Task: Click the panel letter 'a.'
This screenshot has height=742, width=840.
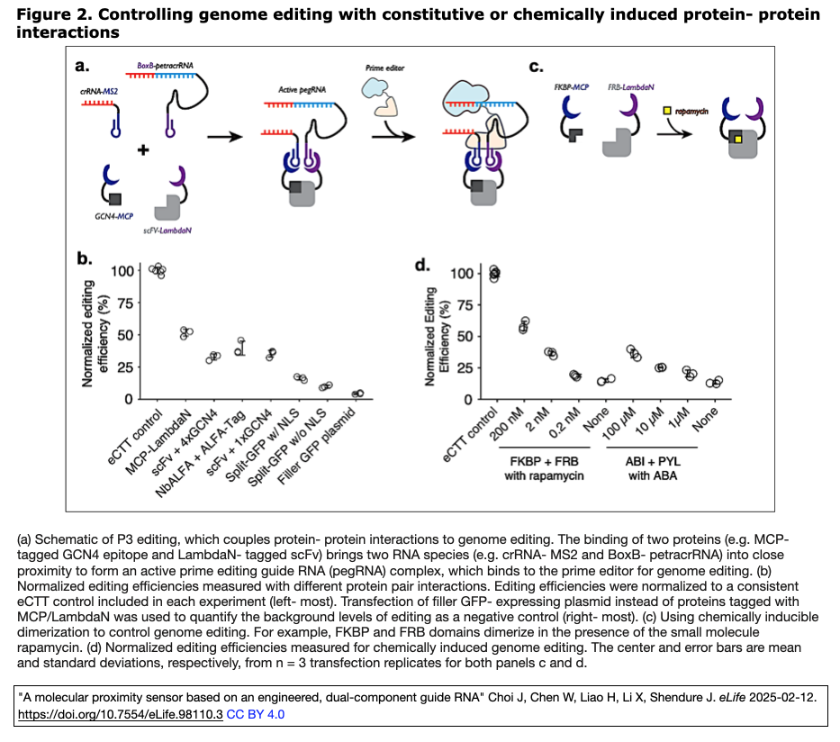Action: [83, 66]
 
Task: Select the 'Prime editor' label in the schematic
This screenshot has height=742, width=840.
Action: [383, 68]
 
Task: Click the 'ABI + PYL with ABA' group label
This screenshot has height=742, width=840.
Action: [644, 468]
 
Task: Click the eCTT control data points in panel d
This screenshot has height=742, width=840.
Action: [493, 273]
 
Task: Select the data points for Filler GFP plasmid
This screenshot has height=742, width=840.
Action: [357, 394]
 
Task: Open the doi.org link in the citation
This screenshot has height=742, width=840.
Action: [121, 713]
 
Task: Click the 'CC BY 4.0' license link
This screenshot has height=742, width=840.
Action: [256, 713]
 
